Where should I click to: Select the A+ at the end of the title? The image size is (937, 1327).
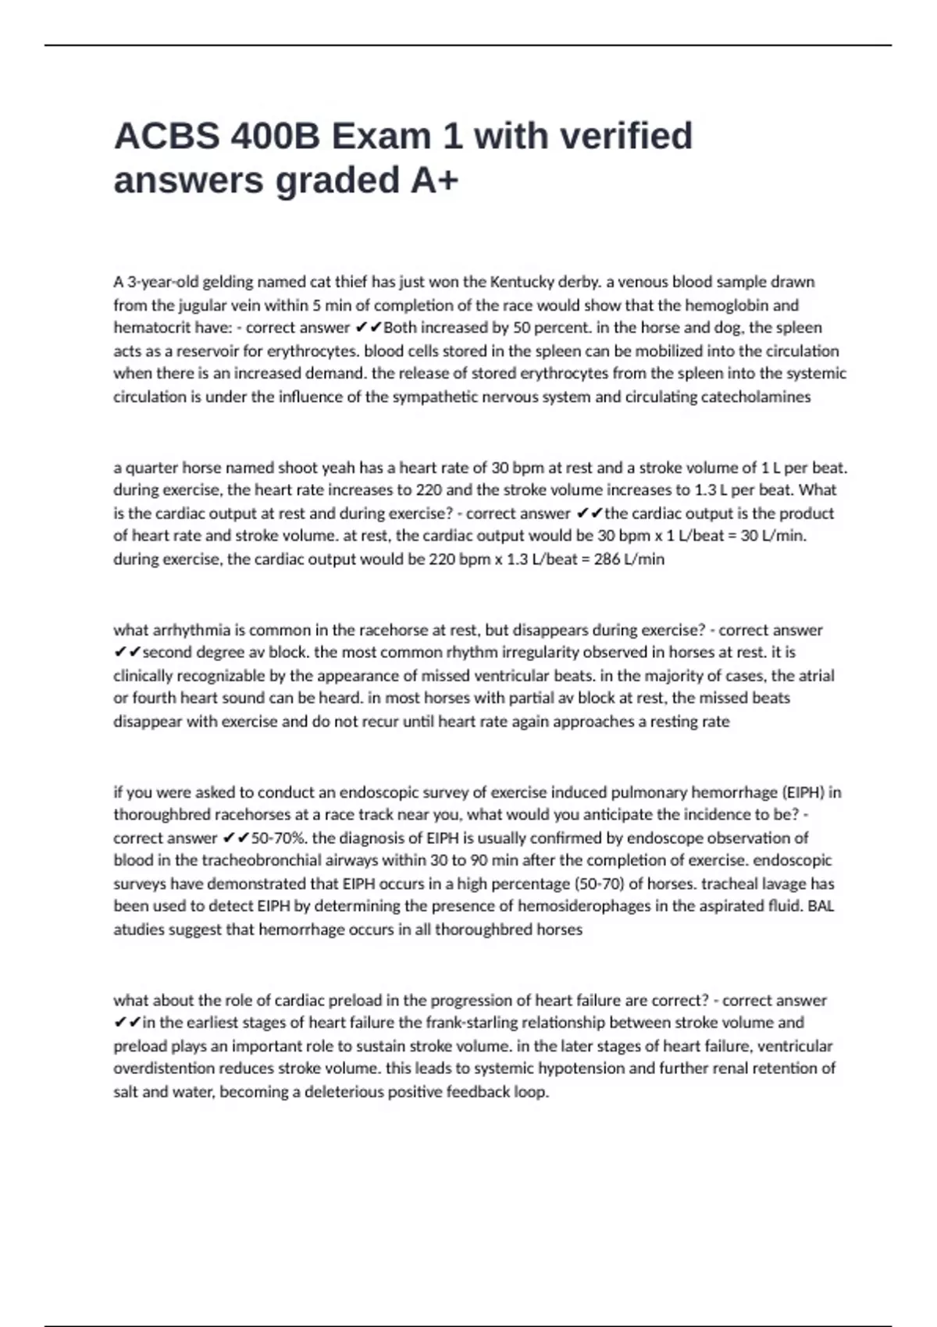coord(434,180)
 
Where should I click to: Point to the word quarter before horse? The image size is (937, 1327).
coord(151,468)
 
